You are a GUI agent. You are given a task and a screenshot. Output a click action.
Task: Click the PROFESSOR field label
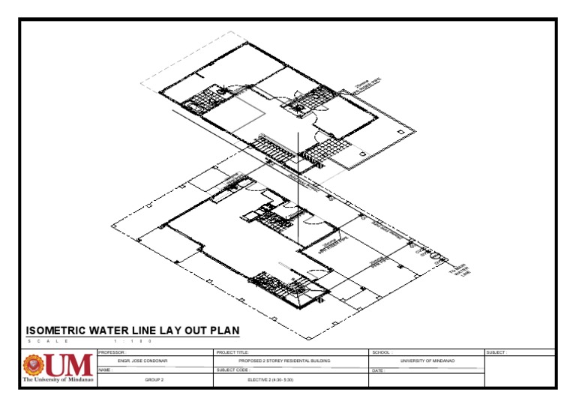pyautogui.click(x=113, y=352)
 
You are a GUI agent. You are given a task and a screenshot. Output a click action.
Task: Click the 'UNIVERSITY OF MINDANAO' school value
pyautogui.click(x=427, y=361)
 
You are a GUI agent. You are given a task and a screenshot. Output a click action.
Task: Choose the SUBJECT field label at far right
pyautogui.click(x=497, y=352)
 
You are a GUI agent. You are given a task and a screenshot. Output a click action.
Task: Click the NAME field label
pyautogui.click(x=105, y=370)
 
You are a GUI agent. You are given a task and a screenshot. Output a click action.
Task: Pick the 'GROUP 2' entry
pyautogui.click(x=154, y=380)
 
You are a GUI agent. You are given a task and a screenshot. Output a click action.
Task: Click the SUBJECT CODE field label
pyautogui.click(x=234, y=370)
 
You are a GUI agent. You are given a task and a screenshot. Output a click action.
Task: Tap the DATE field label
pyautogui.click(x=378, y=370)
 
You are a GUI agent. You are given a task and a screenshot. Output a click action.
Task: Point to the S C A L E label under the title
pyautogui.click(x=49, y=342)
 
